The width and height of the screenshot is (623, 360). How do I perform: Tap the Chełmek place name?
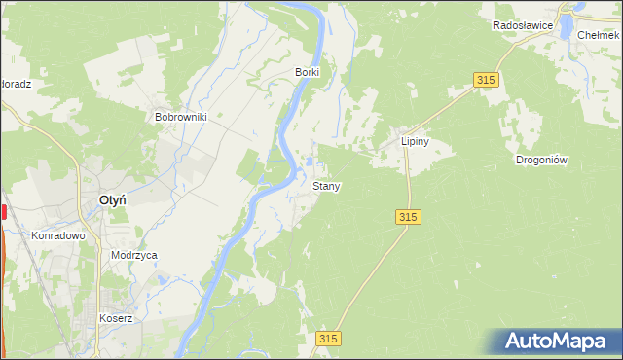(x=599, y=34)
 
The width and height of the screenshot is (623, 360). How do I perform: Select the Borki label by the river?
(x=308, y=72)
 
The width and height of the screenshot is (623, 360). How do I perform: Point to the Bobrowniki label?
(x=181, y=116)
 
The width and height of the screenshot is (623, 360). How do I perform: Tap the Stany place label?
(x=326, y=185)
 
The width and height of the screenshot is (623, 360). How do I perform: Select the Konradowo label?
(x=59, y=235)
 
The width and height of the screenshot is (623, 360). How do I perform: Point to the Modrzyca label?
(x=134, y=255)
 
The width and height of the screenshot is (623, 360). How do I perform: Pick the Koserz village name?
(x=115, y=318)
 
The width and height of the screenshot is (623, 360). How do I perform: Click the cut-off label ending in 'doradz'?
(x=16, y=84)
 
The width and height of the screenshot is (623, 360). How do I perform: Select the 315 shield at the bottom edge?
(x=329, y=337)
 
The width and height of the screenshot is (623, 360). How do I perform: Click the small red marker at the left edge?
(x=4, y=212)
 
